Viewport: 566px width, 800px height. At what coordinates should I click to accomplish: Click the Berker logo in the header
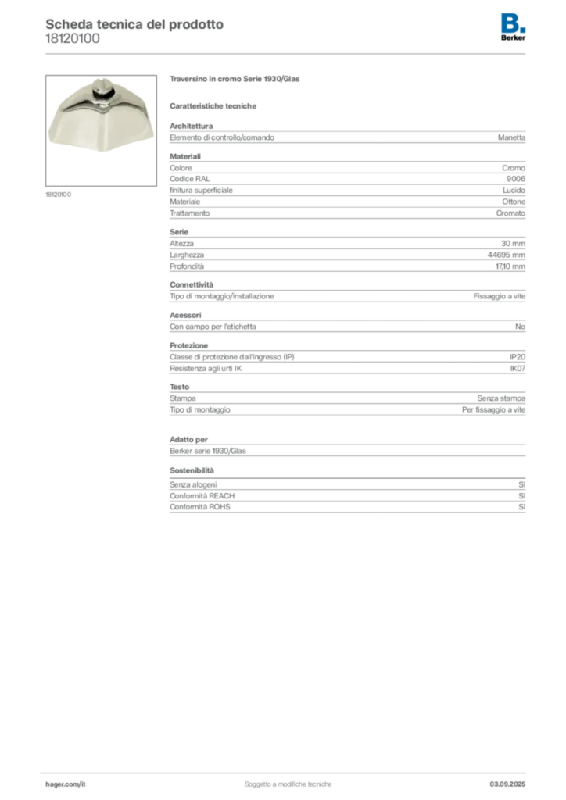pos(513,27)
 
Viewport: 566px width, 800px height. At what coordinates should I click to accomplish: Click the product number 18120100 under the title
pos(73,39)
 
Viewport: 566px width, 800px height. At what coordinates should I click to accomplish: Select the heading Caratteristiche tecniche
pos(213,106)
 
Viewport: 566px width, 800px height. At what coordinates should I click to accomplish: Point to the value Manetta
pos(511,137)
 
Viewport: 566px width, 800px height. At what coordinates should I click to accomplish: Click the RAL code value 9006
pos(515,179)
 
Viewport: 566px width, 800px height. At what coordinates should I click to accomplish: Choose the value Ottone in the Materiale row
pos(514,202)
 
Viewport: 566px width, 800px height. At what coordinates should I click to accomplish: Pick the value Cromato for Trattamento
pos(510,213)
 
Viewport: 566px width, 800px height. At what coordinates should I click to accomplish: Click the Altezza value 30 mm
pos(513,244)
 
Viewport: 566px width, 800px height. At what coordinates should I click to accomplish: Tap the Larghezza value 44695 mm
pos(507,255)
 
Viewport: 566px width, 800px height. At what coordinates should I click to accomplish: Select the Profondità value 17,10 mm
pos(510,266)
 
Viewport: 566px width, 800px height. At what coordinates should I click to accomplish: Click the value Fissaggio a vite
pos(499,296)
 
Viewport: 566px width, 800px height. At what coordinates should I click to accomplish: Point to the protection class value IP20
pos(518,357)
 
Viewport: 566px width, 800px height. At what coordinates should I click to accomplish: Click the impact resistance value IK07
pos(518,369)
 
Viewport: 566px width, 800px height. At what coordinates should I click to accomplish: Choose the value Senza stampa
pos(501,398)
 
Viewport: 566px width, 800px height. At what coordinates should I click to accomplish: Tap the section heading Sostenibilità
pos(192,470)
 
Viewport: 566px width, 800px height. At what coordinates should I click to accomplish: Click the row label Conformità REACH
pos(202,496)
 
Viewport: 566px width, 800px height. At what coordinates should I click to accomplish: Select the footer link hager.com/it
pos(66,784)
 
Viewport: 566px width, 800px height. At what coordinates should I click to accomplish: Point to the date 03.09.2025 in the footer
pos(507,784)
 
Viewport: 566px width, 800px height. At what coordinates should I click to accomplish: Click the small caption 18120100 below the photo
pos(58,195)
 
